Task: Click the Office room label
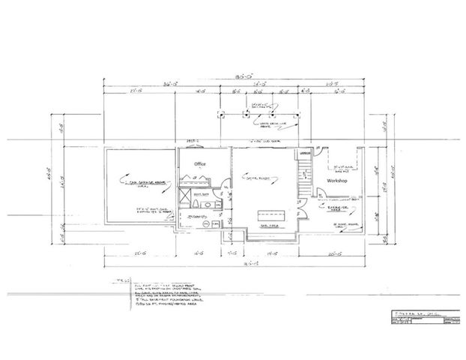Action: pyautogui.click(x=200, y=163)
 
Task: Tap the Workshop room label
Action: pyautogui.click(x=340, y=182)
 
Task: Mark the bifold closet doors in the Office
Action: pyautogui.click(x=197, y=179)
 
